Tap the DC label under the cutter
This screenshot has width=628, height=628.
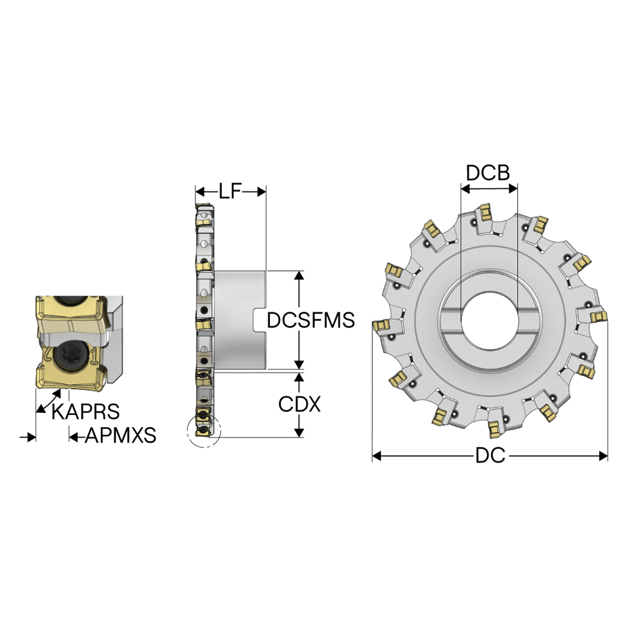[x=490, y=455]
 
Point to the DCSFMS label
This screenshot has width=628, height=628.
[x=311, y=320]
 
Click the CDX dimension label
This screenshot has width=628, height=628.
[x=299, y=404]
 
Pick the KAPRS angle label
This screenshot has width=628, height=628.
[x=85, y=412]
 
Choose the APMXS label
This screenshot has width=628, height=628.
[x=120, y=435]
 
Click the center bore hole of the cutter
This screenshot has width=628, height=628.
[x=489, y=321]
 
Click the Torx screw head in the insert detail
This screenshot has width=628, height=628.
[x=71, y=355]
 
